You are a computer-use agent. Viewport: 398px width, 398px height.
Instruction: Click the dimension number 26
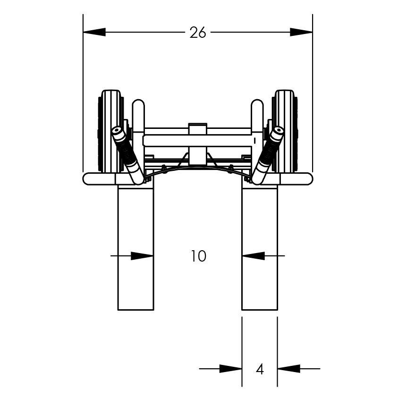[x=198, y=33]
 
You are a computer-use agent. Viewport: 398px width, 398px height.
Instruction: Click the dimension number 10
[x=198, y=256]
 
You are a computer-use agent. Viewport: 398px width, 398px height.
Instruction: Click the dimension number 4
[x=260, y=369]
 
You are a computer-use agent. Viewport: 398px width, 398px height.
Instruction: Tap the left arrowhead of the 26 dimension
[x=94, y=32]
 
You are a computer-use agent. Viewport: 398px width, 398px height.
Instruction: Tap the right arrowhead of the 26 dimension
[x=301, y=32]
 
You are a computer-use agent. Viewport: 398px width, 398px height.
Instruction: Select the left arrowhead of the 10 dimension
[x=142, y=256]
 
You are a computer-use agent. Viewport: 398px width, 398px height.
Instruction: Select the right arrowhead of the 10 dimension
[x=254, y=256]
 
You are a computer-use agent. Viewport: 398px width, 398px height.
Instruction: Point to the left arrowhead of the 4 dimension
[x=230, y=369]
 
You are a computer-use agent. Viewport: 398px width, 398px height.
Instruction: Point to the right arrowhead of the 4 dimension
[x=289, y=369]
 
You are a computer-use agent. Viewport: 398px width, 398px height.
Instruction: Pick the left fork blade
[x=136, y=247]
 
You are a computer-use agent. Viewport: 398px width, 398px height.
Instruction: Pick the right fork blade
[x=260, y=247]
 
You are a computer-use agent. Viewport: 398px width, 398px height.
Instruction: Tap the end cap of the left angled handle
[x=117, y=132]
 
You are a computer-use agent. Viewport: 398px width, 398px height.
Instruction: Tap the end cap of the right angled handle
[x=278, y=132]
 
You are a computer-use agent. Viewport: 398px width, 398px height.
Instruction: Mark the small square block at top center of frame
[x=198, y=129]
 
